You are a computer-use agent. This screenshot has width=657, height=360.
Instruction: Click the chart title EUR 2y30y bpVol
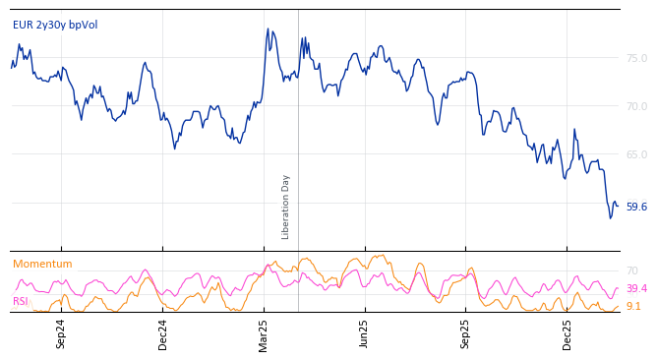55,26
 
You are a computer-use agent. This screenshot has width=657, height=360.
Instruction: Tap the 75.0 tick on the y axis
636,59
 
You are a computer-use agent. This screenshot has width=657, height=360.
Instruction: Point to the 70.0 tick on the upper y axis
636,106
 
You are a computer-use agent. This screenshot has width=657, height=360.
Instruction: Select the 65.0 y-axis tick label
636,154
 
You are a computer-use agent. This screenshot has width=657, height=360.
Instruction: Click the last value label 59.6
636,208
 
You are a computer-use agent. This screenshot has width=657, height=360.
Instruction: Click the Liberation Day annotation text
286,207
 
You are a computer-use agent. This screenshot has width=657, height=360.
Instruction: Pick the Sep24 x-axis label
61,334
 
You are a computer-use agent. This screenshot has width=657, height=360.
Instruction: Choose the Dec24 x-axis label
163,334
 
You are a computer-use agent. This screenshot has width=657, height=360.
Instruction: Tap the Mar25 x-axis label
264,334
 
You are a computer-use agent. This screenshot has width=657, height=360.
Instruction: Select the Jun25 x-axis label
365,334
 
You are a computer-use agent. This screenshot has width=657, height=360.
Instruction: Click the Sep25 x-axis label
466,334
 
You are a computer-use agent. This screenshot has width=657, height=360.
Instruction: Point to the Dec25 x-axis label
567,334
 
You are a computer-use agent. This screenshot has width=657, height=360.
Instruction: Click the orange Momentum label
42,265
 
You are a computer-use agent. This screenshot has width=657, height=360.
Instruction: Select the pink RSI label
21,302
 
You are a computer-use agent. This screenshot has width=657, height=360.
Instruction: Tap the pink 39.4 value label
636,289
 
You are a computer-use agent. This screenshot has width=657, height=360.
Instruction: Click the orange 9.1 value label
633,307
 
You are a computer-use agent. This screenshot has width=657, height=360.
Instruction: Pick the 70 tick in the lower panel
631,270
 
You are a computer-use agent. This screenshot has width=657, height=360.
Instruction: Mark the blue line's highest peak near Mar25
268,30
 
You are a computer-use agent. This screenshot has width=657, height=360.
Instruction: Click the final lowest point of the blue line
610,217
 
